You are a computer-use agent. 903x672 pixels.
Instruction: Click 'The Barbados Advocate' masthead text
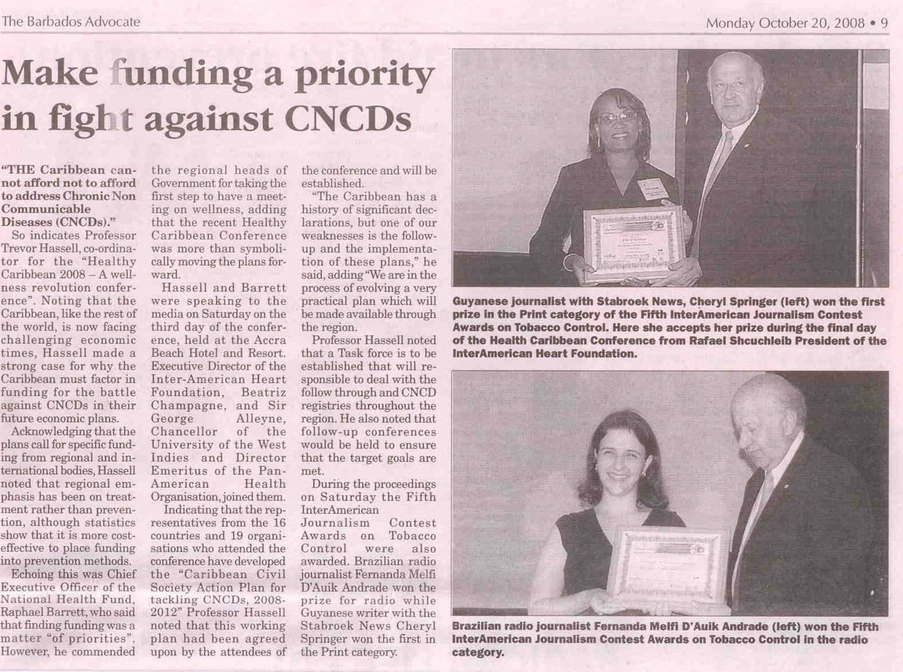point(71,22)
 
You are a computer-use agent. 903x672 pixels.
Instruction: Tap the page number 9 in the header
point(884,23)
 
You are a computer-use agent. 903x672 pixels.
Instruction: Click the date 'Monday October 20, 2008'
point(785,23)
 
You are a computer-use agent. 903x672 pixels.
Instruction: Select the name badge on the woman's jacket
point(651,188)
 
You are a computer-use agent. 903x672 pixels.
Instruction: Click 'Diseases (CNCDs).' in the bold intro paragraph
point(55,222)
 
